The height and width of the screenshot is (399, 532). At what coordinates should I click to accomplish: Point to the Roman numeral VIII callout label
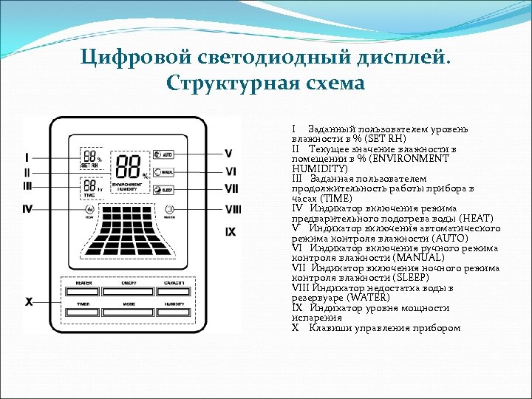tap(233, 209)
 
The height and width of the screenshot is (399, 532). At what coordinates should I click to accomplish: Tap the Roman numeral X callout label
tap(29, 301)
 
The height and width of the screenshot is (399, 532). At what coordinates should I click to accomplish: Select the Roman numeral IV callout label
tap(27, 209)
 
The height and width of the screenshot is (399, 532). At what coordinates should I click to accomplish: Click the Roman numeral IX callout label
tap(231, 232)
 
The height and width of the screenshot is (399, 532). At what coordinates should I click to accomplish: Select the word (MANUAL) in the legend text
tap(417, 258)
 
